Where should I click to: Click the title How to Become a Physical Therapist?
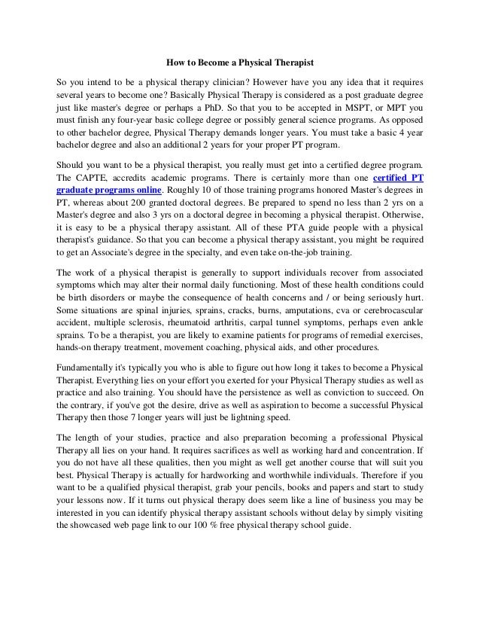pos(239,59)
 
